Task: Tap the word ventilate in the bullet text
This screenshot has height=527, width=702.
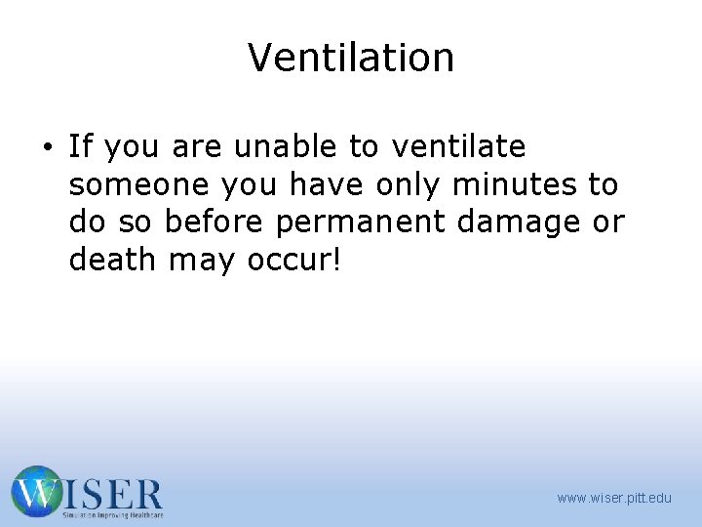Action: (x=458, y=147)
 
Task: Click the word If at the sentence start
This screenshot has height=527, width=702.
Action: (x=81, y=147)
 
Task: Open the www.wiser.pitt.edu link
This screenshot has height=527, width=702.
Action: (x=614, y=499)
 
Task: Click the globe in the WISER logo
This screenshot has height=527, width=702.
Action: (x=36, y=491)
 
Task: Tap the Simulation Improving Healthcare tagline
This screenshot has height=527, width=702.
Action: (x=112, y=514)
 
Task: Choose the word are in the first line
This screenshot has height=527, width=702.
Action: (x=198, y=148)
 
